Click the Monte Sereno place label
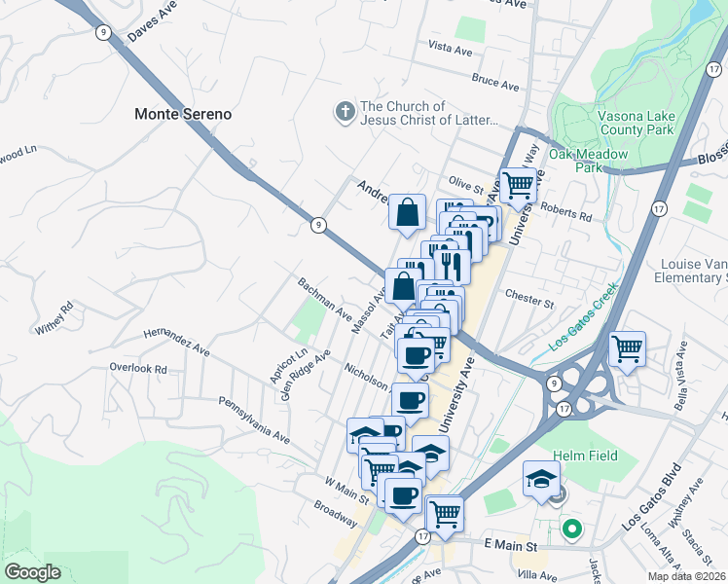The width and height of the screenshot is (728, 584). point(183,114)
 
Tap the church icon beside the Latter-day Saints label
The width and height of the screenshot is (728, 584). point(344,113)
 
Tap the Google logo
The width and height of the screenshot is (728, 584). point(32,572)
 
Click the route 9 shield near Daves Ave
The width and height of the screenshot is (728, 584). point(103,32)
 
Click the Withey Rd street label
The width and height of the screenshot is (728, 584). point(55,319)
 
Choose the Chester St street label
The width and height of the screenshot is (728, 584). point(529,298)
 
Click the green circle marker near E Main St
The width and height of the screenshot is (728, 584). point(572,530)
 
